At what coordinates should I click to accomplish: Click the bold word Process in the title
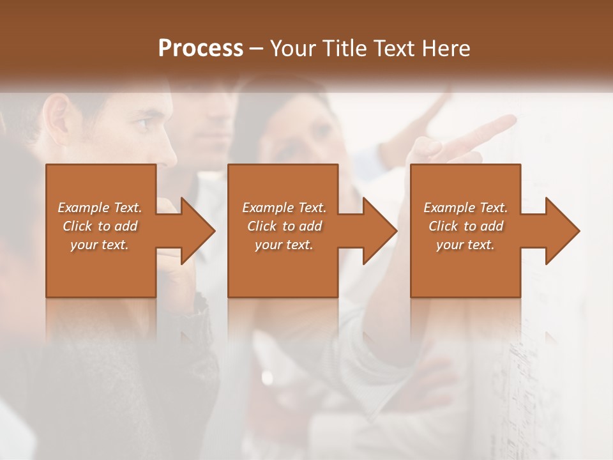[201, 49]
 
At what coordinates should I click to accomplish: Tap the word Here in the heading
[446, 49]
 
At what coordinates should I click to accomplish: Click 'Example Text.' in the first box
[100, 208]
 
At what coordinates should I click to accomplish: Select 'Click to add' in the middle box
[284, 226]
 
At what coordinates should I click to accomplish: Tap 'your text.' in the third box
[465, 245]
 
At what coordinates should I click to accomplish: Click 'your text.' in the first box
[100, 245]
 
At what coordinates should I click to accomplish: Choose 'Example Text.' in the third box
[465, 208]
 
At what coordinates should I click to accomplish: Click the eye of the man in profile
[144, 121]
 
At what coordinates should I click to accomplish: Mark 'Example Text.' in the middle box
[284, 208]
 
